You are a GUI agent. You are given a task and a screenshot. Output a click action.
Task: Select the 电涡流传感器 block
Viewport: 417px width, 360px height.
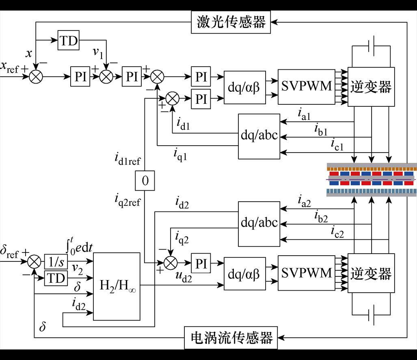click(x=231, y=338)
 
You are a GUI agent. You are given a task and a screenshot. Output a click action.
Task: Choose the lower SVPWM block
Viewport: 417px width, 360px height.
click(x=307, y=273)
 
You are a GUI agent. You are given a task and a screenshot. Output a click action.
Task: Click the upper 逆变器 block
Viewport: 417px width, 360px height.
click(x=371, y=86)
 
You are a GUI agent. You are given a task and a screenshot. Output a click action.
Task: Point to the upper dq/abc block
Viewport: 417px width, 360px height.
click(x=259, y=136)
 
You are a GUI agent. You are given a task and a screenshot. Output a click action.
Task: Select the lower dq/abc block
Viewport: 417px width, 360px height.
click(x=259, y=223)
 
